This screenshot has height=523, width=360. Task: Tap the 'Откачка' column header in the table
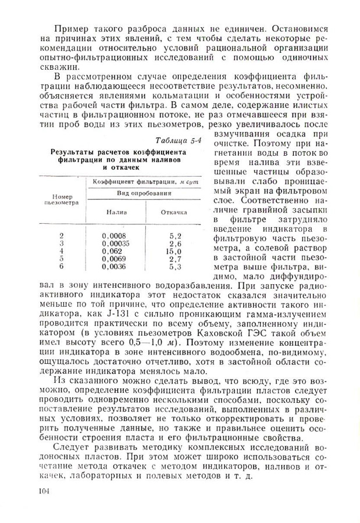[x=174, y=213]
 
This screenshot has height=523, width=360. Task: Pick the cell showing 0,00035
[x=115, y=243]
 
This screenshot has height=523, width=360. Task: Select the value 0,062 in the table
[x=112, y=251]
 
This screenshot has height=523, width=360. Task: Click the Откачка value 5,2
[x=176, y=235]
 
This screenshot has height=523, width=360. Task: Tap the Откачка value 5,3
[x=176, y=267]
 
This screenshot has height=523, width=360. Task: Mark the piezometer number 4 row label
[x=62, y=251]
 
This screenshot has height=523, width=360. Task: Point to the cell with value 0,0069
[x=113, y=259]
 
